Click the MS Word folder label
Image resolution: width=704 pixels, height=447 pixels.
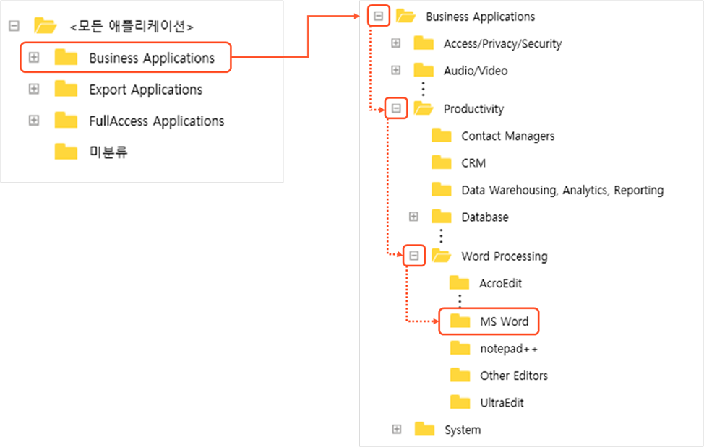pyautogui.click(x=504, y=321)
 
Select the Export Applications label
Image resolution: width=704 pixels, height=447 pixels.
pyautogui.click(x=145, y=90)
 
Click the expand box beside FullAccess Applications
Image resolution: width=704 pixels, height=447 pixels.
pyautogui.click(x=34, y=121)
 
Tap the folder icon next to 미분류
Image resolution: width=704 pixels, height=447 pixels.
pyautogui.click(x=66, y=152)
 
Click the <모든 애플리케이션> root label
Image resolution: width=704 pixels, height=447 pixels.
pyautogui.click(x=132, y=27)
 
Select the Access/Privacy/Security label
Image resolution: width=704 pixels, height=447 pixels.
pyautogui.click(x=502, y=43)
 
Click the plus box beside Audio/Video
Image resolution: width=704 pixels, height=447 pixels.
pyautogui.click(x=395, y=70)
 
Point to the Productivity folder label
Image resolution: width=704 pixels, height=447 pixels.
pyautogui.click(x=473, y=109)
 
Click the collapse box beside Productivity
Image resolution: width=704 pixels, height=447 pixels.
pyautogui.click(x=395, y=109)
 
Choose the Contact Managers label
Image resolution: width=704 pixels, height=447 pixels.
pyautogui.click(x=507, y=136)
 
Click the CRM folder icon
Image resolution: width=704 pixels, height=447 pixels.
pyautogui.click(x=442, y=162)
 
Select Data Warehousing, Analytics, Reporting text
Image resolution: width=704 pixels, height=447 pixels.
pyautogui.click(x=562, y=190)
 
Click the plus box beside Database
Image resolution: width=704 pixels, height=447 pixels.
pyautogui.click(x=413, y=217)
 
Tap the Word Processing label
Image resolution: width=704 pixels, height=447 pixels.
pyautogui.click(x=504, y=256)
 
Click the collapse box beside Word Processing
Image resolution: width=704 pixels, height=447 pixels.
pyautogui.click(x=413, y=256)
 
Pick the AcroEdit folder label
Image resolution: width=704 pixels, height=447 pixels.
pyautogui.click(x=500, y=283)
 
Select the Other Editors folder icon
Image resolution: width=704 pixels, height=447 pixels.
pyautogui.click(x=460, y=376)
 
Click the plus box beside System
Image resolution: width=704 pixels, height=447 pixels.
pyautogui.click(x=396, y=430)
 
